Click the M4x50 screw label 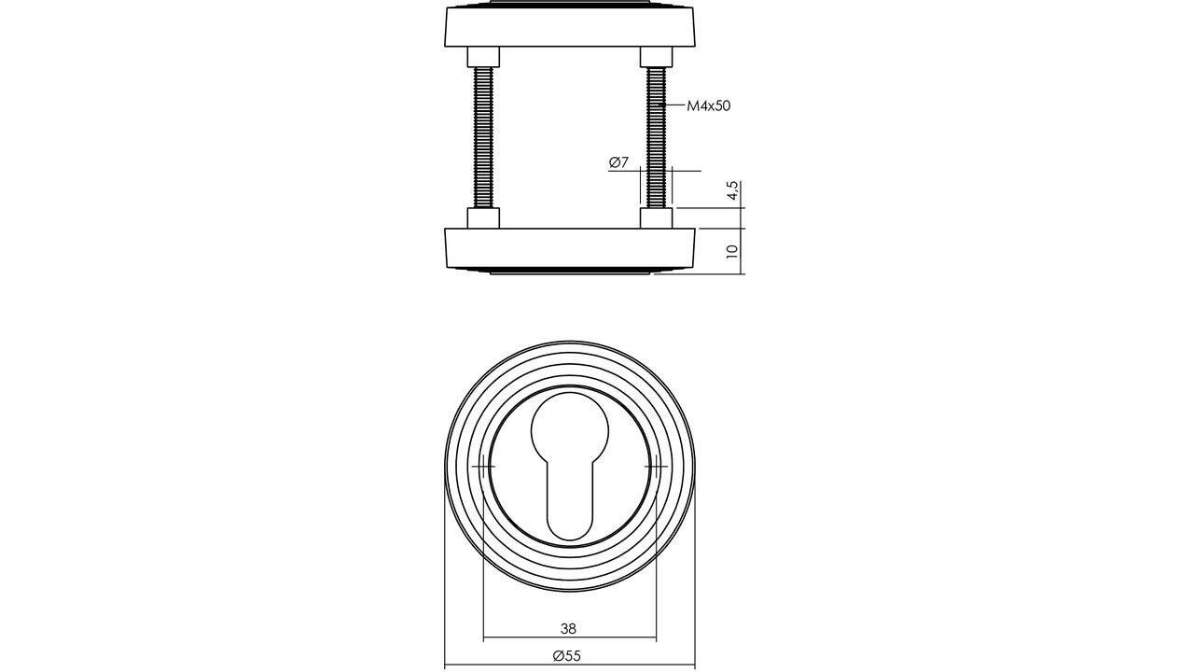tap(709, 106)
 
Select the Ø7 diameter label tap(618, 162)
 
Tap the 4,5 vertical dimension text tap(733, 191)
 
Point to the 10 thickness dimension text tap(733, 251)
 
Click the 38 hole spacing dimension tap(568, 629)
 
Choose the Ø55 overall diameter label tap(566, 656)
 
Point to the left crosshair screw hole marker tap(483, 466)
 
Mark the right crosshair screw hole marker tap(656, 466)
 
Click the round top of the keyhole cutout tap(570, 429)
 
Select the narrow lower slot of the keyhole tap(570, 504)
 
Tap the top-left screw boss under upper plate tap(483, 57)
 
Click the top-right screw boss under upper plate tap(656, 57)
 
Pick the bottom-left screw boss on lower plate tap(483, 218)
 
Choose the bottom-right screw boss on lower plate tap(656, 218)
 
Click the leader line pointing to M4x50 tap(675, 105)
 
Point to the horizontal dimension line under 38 tap(569, 640)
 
